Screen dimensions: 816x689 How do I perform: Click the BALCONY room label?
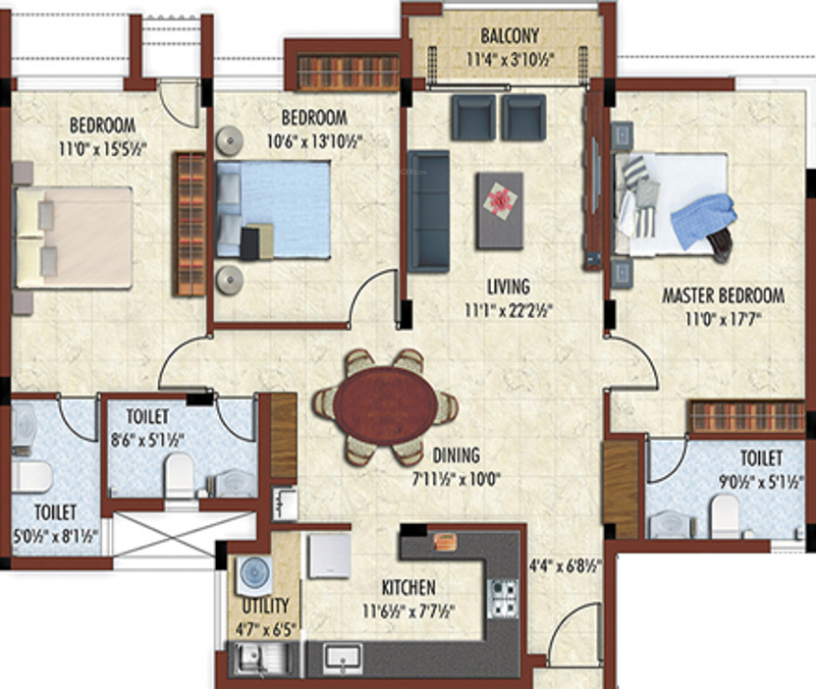click(x=510, y=36)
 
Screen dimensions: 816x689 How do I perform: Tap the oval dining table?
click(x=386, y=405)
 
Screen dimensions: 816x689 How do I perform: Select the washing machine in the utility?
click(x=254, y=576)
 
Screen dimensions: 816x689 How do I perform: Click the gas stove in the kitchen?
click(x=503, y=598)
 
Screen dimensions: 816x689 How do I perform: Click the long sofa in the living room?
click(x=428, y=211)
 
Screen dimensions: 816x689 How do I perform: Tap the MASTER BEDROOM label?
click(x=723, y=295)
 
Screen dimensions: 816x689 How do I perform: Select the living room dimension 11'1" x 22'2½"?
click(x=509, y=310)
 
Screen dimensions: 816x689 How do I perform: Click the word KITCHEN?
click(x=408, y=588)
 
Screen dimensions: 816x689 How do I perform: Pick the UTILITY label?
click(x=265, y=606)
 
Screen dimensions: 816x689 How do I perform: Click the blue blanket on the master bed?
click(x=703, y=221)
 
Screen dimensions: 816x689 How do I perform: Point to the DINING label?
click(x=457, y=455)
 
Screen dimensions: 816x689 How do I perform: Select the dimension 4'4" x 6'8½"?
click(x=566, y=565)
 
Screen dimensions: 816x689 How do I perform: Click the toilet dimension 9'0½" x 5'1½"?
click(x=761, y=482)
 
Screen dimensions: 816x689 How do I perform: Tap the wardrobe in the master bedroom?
click(x=746, y=416)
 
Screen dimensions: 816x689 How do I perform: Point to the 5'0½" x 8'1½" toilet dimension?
click(x=55, y=536)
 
